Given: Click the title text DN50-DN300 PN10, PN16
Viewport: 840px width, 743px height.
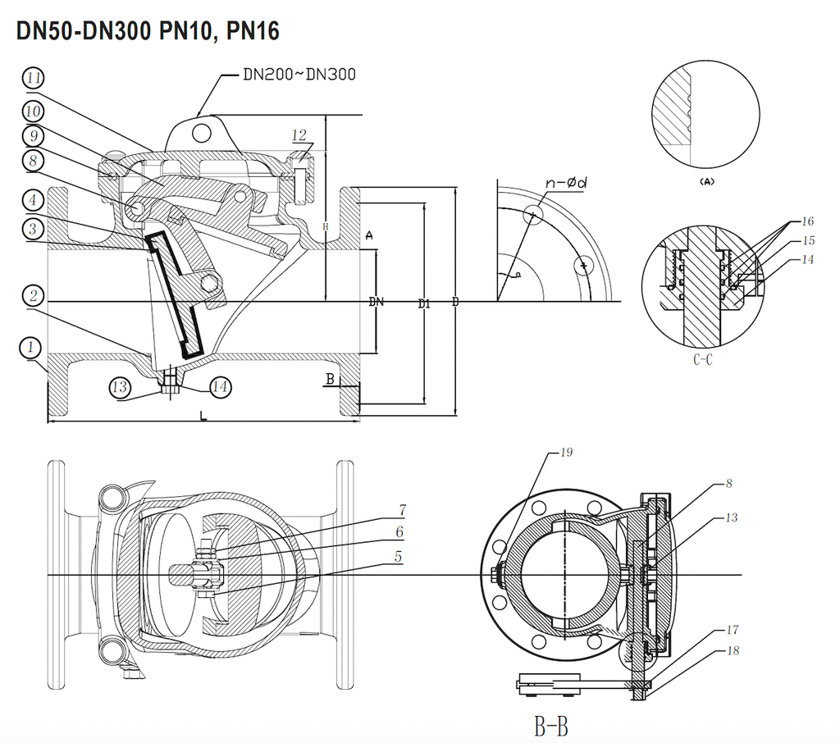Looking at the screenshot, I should pos(148,31).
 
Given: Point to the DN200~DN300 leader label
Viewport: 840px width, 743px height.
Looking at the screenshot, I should pos(299,74).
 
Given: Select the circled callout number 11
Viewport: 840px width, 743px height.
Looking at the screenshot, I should pos(34,79).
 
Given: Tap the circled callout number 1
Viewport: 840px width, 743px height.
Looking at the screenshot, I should pos(30,348).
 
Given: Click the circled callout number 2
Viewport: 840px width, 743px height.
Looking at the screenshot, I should pos(32,296).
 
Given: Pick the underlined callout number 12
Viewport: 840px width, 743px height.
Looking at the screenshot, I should pos(299,134).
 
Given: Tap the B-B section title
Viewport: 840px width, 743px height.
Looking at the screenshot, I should pos(551,725).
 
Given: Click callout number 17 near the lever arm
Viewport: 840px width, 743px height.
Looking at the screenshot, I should pos(732,630).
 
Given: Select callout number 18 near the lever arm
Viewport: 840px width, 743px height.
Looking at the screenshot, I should pos(732,651).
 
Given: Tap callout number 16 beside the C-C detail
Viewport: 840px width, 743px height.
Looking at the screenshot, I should pos(807,222).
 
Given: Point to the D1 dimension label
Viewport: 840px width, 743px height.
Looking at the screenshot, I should pos(423,304).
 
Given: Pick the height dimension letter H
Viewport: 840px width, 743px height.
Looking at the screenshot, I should pos(326,226).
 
